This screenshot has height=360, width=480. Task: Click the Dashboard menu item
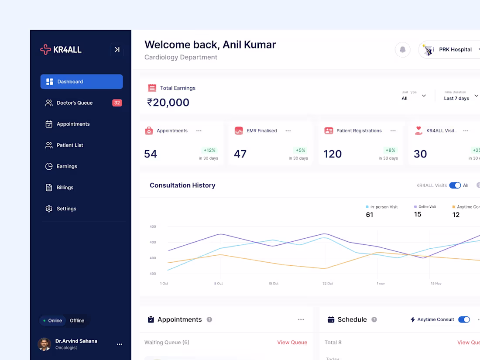[81, 82]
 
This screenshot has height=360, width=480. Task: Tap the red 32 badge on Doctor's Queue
[117, 103]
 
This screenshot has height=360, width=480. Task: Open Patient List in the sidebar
[69, 145]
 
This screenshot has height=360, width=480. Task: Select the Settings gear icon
[49, 209]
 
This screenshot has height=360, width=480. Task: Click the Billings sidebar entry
[65, 188]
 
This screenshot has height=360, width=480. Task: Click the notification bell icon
[402, 50]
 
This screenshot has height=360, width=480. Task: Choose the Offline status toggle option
[77, 321]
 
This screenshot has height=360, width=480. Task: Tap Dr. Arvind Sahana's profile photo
[44, 344]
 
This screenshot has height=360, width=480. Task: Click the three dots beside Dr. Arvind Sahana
[120, 344]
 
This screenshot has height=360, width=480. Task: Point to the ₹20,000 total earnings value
[168, 103]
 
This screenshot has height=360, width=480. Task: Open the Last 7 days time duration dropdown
[461, 96]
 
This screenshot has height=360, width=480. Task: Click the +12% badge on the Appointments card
[209, 151]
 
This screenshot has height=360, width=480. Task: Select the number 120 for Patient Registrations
[333, 154]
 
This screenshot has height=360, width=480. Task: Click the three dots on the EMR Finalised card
[288, 131]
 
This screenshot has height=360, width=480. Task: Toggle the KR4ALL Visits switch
[455, 185]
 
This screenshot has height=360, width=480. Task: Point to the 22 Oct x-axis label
[327, 284]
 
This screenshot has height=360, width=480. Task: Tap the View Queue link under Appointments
[292, 343]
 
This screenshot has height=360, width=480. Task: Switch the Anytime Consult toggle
[464, 320]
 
